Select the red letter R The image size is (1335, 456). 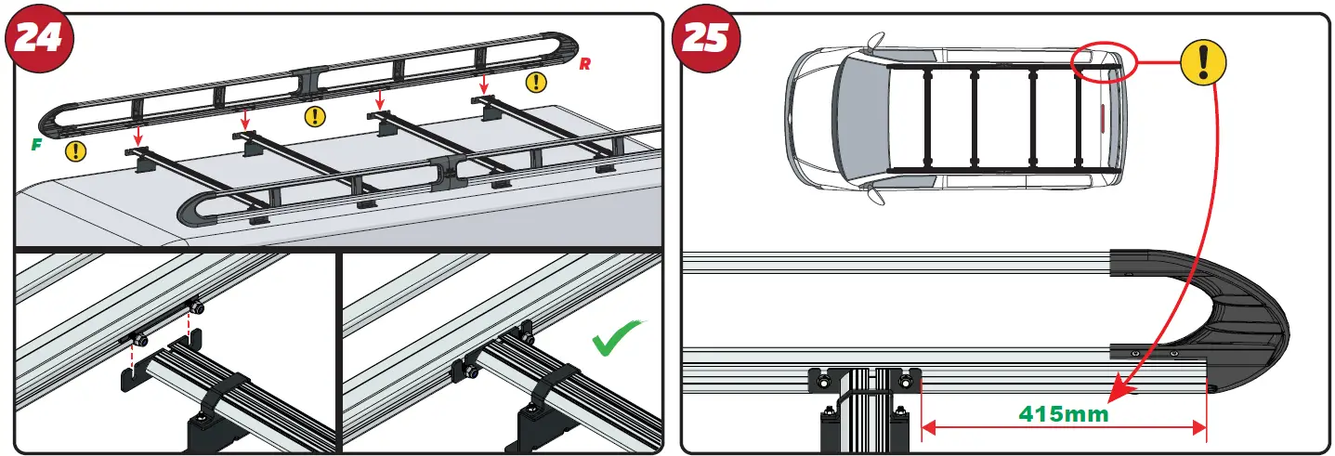(584, 64)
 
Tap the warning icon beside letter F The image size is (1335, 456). (73, 151)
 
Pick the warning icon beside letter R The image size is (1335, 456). (536, 82)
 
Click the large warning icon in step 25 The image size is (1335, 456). (1203, 63)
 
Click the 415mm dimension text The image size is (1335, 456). (1064, 414)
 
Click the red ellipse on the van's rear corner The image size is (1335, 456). (1103, 64)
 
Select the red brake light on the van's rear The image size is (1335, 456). (1102, 121)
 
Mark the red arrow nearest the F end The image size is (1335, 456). (137, 137)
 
